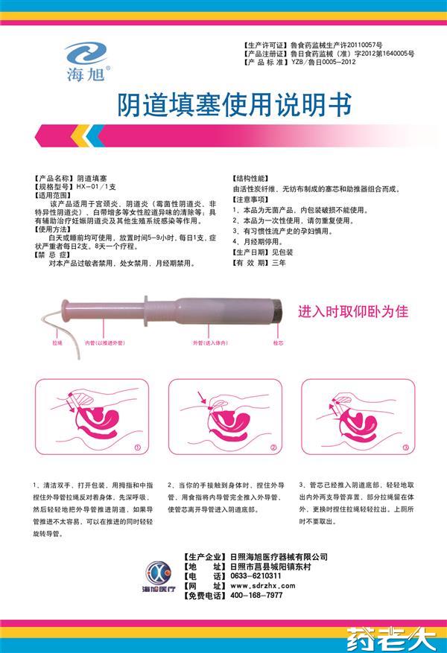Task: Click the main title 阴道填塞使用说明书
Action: pyautogui.click(x=223, y=106)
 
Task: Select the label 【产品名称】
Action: pyautogui.click(x=53, y=180)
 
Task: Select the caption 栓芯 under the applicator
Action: pyautogui.click(x=278, y=343)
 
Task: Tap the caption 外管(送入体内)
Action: pyautogui.click(x=209, y=343)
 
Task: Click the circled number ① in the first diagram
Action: pyautogui.click(x=137, y=447)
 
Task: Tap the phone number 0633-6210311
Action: pyautogui.click(x=257, y=576)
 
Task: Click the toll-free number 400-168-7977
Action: pyautogui.click(x=257, y=596)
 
